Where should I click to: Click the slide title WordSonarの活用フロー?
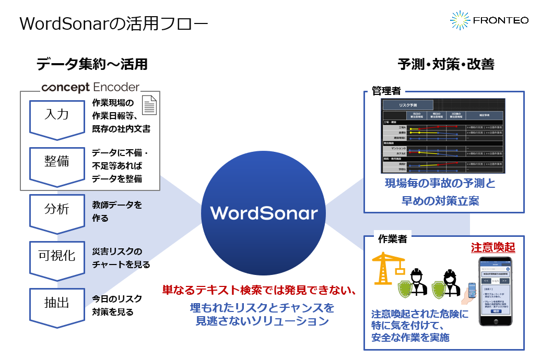[x=113, y=24]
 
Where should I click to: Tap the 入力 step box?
[x=56, y=115]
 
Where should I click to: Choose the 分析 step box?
[x=56, y=210]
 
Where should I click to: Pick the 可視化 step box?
[x=56, y=256]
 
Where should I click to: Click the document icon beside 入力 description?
[x=150, y=105]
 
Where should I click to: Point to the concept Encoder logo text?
[x=90, y=87]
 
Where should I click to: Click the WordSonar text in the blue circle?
[x=264, y=213]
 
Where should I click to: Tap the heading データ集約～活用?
[x=92, y=64]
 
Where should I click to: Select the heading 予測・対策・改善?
[x=446, y=64]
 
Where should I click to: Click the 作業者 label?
[x=392, y=239]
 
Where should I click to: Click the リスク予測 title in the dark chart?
[x=407, y=105]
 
